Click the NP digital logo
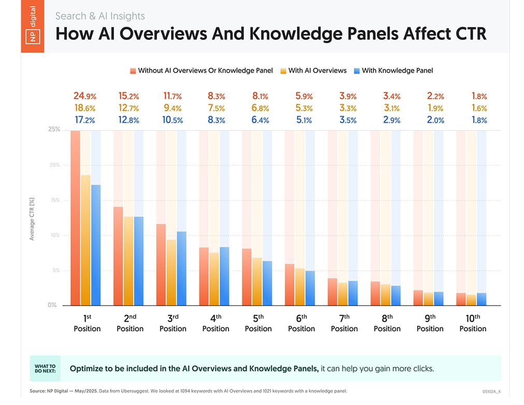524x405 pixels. click(32, 26)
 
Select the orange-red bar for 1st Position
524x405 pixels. click(76, 218)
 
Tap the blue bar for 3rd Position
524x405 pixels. click(182, 268)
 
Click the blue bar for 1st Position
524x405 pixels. click(96, 244)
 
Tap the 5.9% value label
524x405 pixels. click(301, 96)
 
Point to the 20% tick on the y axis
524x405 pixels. click(54, 165)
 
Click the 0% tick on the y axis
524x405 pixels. click(52, 305)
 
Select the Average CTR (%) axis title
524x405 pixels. click(32, 218)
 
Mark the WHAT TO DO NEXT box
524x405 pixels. click(45, 368)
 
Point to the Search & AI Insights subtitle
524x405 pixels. click(100, 16)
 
